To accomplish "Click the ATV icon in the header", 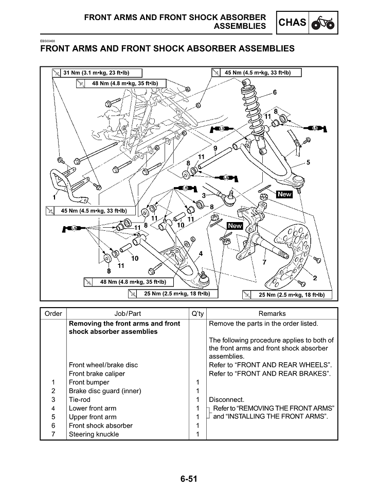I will tap(323, 23).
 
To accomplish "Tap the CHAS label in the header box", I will tap(292, 23).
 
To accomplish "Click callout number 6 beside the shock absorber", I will tap(275, 93).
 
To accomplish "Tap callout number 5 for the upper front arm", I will tap(308, 163).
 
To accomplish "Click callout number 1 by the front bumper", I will tap(54, 197).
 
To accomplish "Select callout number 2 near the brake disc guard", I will tap(315, 278).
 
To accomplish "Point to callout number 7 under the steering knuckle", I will tap(264, 262).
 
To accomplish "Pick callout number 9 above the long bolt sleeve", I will tap(215, 148).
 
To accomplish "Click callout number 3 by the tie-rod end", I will tap(204, 196).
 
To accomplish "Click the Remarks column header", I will tap(272, 313).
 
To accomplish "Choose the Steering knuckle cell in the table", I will tap(94, 434).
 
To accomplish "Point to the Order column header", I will tap(53, 313).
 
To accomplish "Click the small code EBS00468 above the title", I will tap(47, 41).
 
